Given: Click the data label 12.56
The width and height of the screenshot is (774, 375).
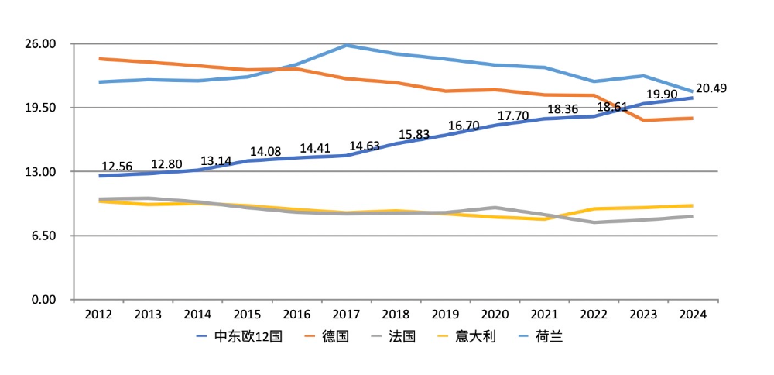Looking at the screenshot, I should [118, 167].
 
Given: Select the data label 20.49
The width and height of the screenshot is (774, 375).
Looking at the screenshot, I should [711, 88].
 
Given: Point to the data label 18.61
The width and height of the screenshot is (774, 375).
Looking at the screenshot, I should [612, 107].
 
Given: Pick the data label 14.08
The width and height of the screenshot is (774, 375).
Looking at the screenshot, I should [265, 151].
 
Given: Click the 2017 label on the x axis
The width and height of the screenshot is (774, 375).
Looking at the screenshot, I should [346, 315].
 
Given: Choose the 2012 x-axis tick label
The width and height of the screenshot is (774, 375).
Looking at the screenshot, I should [99, 315].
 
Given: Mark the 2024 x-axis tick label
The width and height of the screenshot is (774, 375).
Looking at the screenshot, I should [692, 315].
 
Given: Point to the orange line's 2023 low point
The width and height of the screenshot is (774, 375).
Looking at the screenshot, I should [642, 120].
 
